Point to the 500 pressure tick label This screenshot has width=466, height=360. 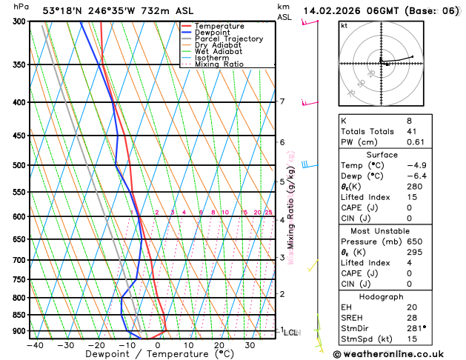19,165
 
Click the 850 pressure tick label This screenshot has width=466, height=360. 19,315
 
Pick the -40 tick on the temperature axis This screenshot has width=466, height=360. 35,345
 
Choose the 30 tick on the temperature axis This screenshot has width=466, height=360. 250,345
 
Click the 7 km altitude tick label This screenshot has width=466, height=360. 282,101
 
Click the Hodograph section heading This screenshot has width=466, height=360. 397,296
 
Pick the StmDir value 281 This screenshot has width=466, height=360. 416,328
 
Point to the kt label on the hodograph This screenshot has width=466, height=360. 344,26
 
